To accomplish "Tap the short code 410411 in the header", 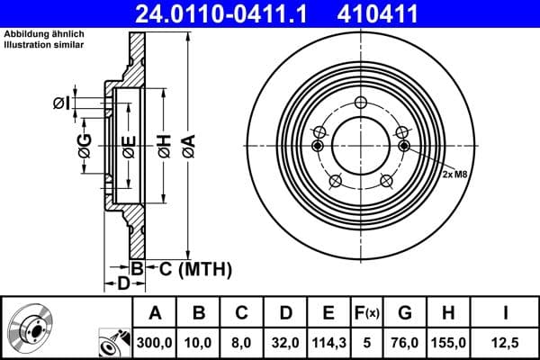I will [x=403, y=13].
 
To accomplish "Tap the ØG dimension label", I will [x=84, y=146].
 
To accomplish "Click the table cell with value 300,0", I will [x=155, y=341].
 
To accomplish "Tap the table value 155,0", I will [x=447, y=341].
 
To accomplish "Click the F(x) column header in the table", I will [x=369, y=314].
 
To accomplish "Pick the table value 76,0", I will [x=404, y=341].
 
